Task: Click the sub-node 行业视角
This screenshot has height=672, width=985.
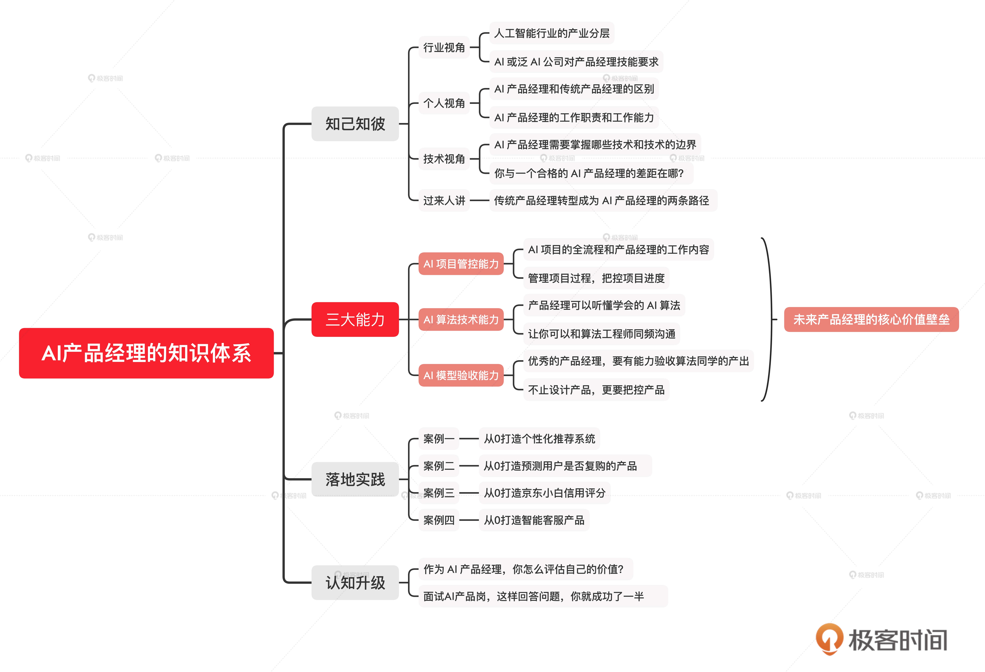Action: [444, 48]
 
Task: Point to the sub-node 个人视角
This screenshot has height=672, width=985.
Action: [444, 103]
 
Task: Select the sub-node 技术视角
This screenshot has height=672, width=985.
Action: [444, 159]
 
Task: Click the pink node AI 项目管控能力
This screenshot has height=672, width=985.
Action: [461, 264]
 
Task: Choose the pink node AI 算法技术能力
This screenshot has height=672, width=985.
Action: [461, 319]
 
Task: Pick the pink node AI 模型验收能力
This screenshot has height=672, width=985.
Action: [461, 375]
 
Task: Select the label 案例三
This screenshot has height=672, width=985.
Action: [439, 493]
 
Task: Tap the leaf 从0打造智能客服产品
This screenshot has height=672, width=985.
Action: [534, 520]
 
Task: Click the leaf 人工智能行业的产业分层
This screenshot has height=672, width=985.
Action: [551, 33]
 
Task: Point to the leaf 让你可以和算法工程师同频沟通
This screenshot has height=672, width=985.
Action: [601, 334]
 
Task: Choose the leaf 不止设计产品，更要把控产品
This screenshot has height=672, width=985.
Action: [596, 390]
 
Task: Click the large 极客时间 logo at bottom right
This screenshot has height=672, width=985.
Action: [882, 639]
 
